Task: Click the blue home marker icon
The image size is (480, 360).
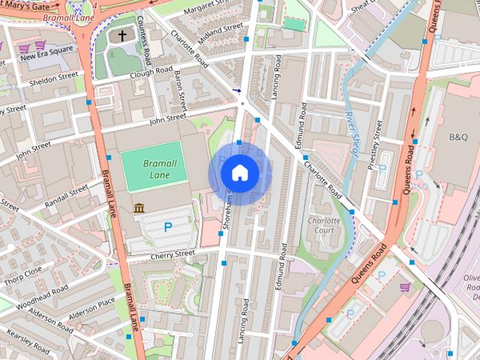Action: (x=239, y=173)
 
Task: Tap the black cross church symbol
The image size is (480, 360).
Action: (x=122, y=37)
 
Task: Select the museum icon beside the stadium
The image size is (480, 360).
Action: (x=139, y=207)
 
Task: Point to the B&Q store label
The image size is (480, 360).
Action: (x=457, y=137)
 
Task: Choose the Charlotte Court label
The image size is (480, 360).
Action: (x=324, y=226)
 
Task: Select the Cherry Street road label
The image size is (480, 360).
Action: (x=172, y=254)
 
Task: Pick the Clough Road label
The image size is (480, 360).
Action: (x=150, y=72)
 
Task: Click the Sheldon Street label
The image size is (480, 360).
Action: (x=52, y=76)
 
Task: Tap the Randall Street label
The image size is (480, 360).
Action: (x=67, y=193)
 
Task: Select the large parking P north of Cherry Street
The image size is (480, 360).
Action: (x=168, y=226)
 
